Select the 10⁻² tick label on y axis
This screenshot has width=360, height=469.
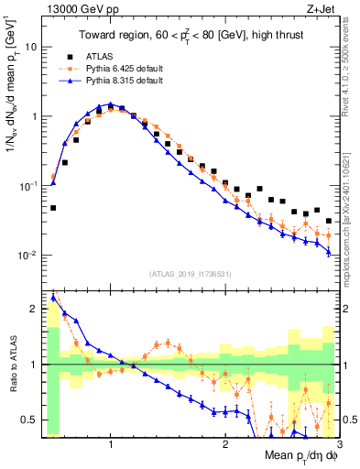click(x=28, y=255)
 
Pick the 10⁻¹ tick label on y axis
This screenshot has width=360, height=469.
click(x=28, y=185)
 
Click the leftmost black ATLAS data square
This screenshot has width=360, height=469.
click(x=53, y=208)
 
